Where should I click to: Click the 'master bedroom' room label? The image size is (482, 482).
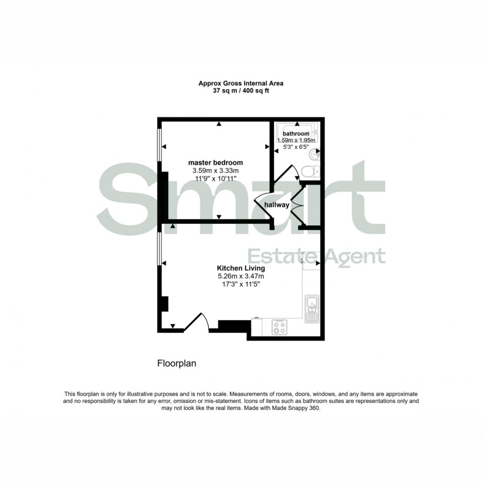click(x=216, y=162)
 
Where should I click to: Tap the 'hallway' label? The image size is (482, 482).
click(x=277, y=205)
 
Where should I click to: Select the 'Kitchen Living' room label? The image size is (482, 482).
click(x=241, y=269)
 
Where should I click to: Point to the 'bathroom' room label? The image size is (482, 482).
click(x=296, y=134)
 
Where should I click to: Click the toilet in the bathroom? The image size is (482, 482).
click(x=309, y=172)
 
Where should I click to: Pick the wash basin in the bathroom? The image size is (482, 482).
click(x=314, y=156)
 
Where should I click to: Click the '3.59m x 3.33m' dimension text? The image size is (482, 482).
click(x=216, y=171)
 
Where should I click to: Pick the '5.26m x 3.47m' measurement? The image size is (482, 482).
click(x=241, y=277)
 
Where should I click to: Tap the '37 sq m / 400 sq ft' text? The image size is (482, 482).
click(x=241, y=91)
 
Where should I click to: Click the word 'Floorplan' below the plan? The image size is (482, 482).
click(x=177, y=364)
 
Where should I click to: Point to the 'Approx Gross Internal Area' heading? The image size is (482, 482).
click(x=241, y=84)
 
